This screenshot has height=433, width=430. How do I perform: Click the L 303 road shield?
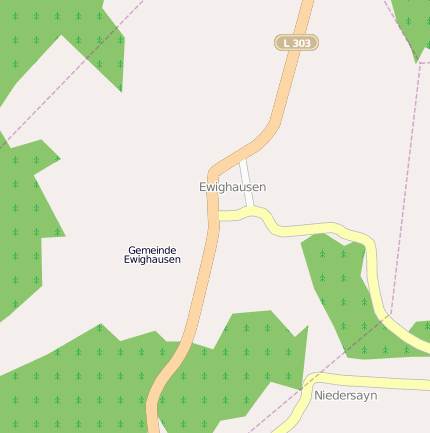coord(296,43)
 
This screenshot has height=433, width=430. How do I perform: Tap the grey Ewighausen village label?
coord(233,187)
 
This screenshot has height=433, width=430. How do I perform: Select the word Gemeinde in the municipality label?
coord(152,249)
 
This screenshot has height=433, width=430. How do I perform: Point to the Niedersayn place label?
coord(346,395)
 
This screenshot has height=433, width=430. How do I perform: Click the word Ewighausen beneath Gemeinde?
coord(152,260)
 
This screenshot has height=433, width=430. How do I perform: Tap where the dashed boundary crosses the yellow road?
coord(387,316)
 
